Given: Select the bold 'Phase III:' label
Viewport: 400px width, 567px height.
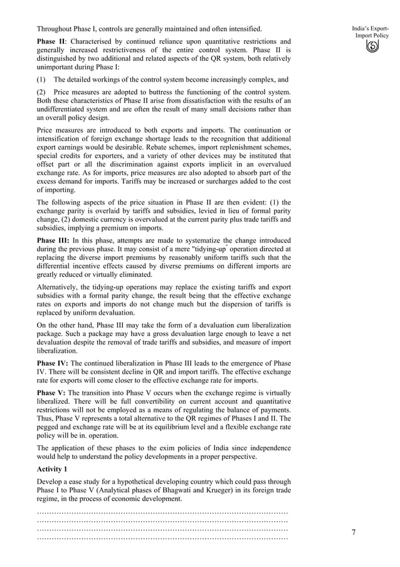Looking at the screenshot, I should click(53, 240).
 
